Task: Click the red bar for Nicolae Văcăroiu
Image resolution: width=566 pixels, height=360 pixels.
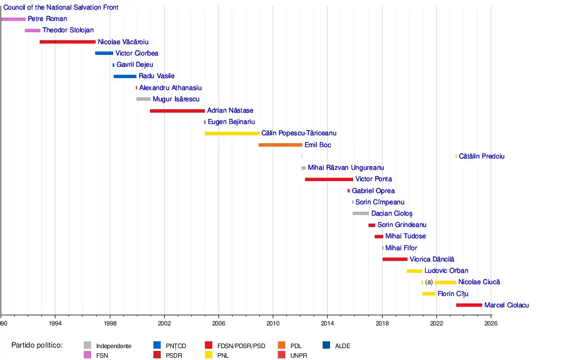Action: (x=67, y=42)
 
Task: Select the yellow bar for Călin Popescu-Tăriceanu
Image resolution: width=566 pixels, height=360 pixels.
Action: (x=232, y=134)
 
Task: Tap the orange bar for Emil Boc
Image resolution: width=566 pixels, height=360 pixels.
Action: (x=280, y=145)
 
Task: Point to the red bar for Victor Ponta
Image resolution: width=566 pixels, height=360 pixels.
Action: (x=329, y=179)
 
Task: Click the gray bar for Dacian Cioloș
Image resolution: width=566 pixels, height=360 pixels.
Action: (x=361, y=213)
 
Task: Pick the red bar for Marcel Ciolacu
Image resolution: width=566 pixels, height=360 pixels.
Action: (x=469, y=305)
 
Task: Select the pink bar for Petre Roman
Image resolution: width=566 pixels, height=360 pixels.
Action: (x=13, y=19)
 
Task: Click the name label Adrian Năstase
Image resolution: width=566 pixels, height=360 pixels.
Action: (x=230, y=110)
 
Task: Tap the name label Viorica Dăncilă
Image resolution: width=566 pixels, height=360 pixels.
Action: (x=432, y=259)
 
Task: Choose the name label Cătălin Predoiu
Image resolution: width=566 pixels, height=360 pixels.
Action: (x=482, y=156)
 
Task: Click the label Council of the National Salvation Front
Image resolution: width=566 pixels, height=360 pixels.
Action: (x=61, y=7)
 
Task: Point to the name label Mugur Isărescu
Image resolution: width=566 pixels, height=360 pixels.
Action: (x=176, y=99)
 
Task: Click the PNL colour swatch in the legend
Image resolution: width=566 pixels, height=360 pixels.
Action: (x=209, y=355)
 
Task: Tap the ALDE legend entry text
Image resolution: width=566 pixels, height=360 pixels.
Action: (x=342, y=346)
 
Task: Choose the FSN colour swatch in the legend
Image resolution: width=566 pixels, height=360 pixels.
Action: (x=87, y=355)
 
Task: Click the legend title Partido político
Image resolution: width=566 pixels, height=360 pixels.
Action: (x=37, y=345)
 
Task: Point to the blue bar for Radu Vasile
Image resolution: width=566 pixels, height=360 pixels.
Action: (x=125, y=76)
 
